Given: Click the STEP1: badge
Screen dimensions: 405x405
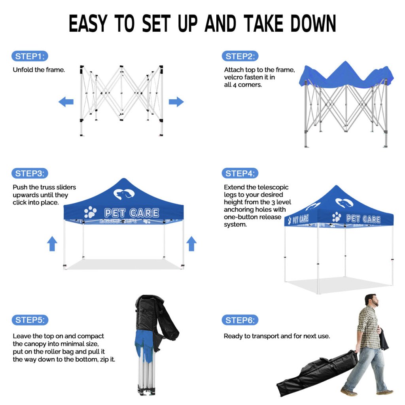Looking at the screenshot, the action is (x=30, y=56).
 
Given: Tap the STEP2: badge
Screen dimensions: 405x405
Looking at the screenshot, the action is (x=240, y=56).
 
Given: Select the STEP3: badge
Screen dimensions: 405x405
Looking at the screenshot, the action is (x=30, y=173).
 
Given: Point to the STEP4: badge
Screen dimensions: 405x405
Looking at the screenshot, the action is (x=240, y=173).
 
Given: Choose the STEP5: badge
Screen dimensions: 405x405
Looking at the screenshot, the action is (x=30, y=320).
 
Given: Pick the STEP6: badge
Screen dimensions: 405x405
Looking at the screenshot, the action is (x=240, y=320).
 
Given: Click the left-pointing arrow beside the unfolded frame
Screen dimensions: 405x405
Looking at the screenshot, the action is (x=66, y=102).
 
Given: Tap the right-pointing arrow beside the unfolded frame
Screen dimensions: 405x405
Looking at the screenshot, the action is (x=176, y=102).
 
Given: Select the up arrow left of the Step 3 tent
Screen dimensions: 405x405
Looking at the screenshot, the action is (x=52, y=244).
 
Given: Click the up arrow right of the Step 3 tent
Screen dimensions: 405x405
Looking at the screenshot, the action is (x=191, y=244).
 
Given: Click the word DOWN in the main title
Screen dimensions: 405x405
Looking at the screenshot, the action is (x=313, y=23).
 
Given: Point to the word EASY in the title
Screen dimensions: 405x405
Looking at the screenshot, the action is (x=88, y=23).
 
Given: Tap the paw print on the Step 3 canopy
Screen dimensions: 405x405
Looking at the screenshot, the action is (x=90, y=212).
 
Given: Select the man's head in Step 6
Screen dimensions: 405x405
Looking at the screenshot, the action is (x=371, y=300).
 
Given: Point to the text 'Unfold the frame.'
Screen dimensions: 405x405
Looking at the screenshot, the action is (x=39, y=70).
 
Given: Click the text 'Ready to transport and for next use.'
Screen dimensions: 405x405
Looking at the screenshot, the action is (x=276, y=336).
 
